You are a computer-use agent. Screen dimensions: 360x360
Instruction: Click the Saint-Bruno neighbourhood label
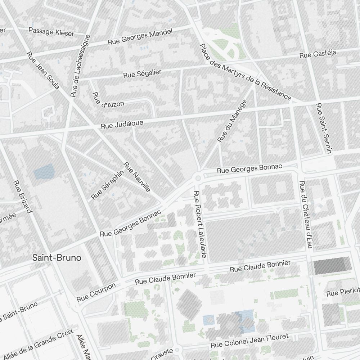(x=57, y=258)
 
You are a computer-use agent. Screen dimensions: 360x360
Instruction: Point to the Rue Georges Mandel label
(x=140, y=37)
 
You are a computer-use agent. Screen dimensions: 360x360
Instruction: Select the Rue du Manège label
(x=232, y=121)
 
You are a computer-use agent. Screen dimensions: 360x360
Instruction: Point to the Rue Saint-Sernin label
(x=323, y=129)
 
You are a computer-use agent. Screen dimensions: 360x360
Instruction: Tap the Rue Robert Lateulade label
(x=200, y=224)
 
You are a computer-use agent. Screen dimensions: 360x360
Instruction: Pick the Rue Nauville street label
(x=137, y=177)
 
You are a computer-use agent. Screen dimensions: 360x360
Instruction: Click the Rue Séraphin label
(x=107, y=185)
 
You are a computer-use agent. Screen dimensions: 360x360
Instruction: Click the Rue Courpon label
(x=96, y=292)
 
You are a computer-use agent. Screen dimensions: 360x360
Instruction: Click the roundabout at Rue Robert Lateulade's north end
(x=198, y=178)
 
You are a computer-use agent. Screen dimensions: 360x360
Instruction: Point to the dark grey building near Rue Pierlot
(x=332, y=266)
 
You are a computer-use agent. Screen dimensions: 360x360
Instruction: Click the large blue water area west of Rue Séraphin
(x=43, y=172)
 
